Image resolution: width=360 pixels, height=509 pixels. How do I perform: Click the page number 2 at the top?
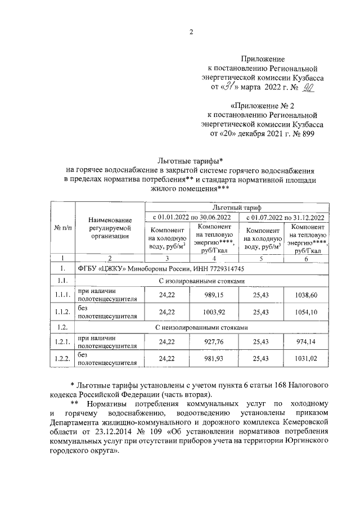pos(191,31)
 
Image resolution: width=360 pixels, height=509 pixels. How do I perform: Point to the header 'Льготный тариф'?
pos(236,207)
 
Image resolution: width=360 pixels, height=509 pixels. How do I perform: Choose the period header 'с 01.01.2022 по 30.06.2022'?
pos(192,217)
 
